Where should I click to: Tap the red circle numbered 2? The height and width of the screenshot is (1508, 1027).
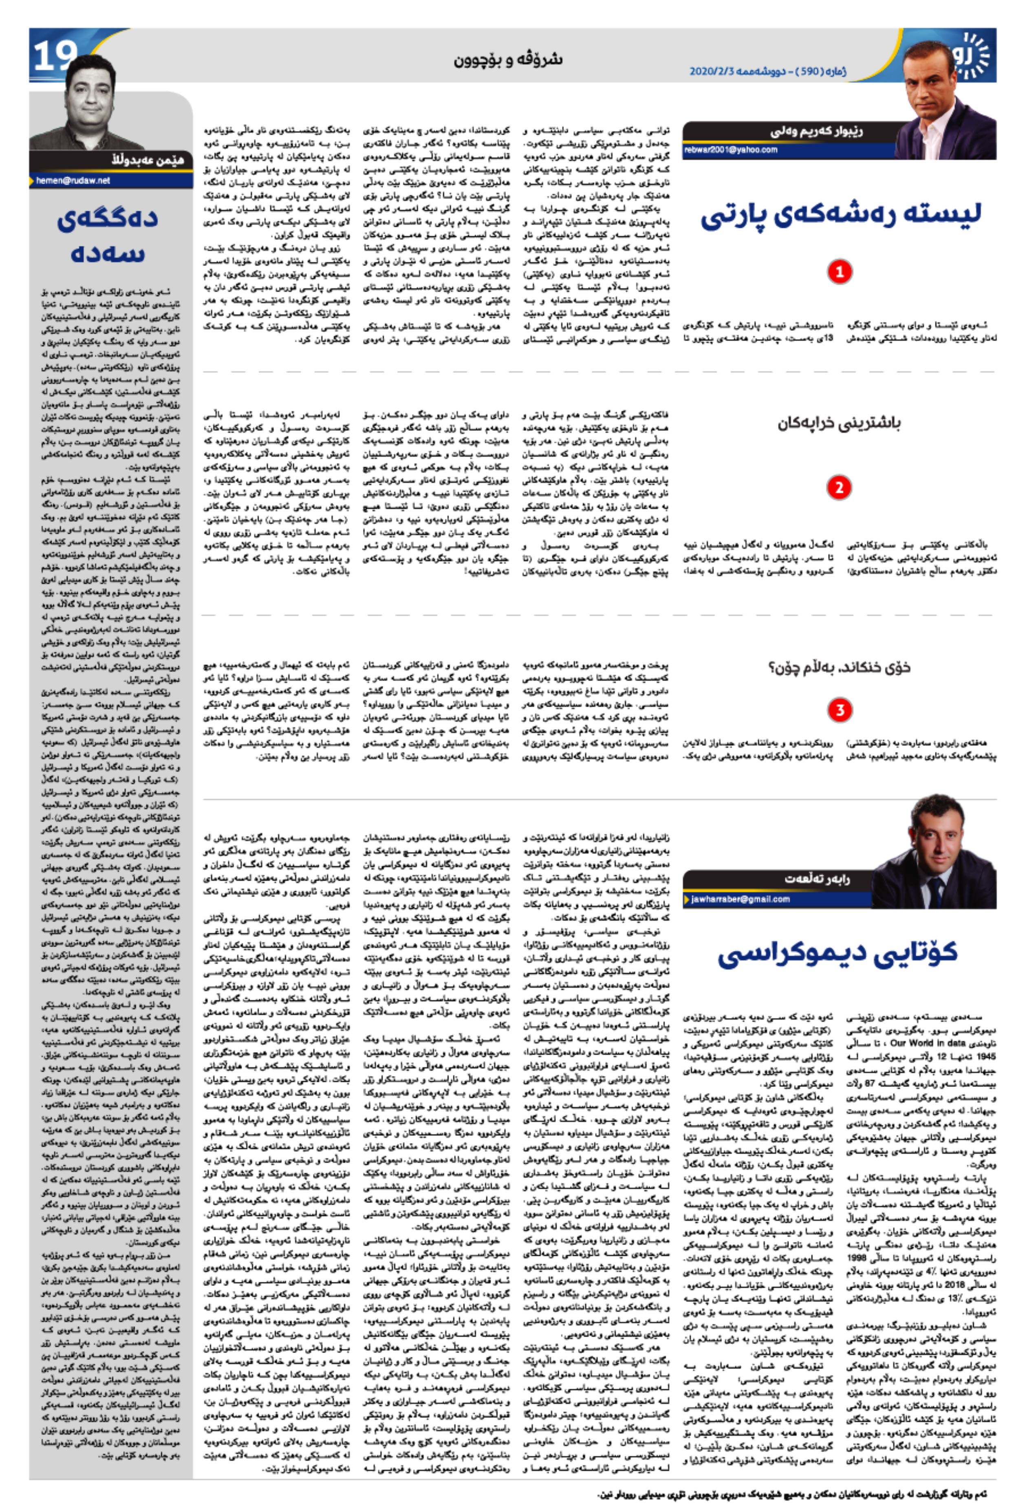(x=839, y=487)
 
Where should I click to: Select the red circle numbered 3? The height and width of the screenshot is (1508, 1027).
(x=839, y=710)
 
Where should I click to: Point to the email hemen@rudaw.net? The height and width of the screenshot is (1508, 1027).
(x=73, y=181)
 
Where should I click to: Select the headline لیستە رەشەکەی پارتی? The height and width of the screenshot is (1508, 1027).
(x=840, y=216)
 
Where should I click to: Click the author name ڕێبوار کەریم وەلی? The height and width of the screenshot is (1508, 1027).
(x=816, y=132)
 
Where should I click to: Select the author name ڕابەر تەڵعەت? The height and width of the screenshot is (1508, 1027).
(x=817, y=879)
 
